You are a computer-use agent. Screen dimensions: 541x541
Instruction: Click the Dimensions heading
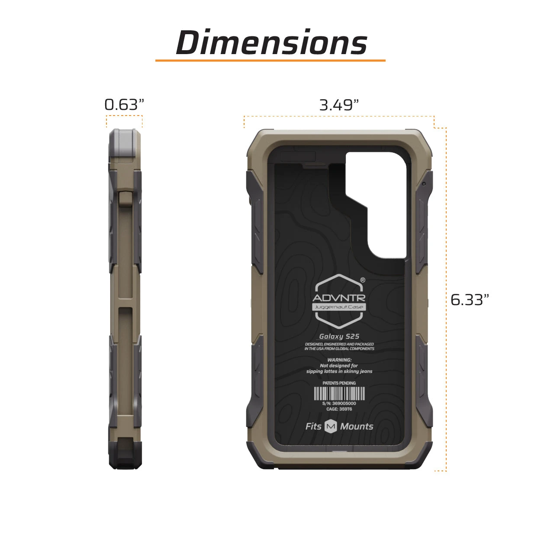[271, 42]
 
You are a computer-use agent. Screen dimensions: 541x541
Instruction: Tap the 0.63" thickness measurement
[124, 105]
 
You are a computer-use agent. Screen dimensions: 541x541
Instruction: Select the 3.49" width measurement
[339, 105]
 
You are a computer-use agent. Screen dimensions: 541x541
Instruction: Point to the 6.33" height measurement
[470, 299]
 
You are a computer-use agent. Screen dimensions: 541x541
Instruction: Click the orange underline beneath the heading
[270, 61]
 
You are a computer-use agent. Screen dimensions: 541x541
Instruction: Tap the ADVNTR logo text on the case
[339, 298]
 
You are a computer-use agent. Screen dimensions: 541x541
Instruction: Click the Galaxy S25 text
[339, 336]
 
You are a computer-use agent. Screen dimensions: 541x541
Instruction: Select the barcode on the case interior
[339, 393]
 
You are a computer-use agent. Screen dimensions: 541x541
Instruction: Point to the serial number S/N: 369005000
[339, 403]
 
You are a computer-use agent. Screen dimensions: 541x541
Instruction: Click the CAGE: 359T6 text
[339, 409]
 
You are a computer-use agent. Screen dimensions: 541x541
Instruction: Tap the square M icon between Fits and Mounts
[331, 426]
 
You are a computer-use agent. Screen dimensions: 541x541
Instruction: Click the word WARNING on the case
[339, 360]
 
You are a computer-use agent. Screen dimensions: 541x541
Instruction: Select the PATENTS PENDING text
[339, 383]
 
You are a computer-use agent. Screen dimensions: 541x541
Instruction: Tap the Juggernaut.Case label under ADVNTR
[339, 307]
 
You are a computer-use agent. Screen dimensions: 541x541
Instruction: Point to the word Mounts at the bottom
[357, 426]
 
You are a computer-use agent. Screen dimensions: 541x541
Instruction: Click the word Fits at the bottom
[313, 426]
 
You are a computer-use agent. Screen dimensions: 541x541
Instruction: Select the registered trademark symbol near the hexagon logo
[363, 280]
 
